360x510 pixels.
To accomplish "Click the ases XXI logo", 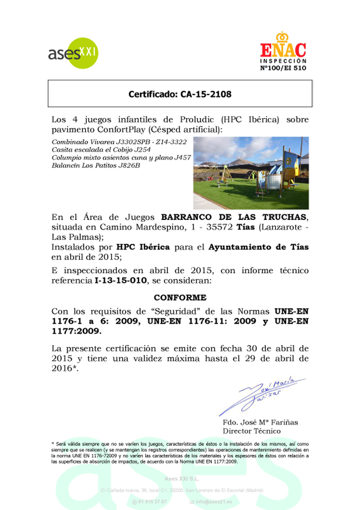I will click(x=73, y=53).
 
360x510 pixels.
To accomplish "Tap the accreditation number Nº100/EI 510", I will click(x=283, y=68).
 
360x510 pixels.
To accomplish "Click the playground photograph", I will click(x=251, y=173).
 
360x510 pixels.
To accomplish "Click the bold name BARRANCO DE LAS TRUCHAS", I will click(x=235, y=217).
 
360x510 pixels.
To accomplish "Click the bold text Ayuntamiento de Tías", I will click(x=258, y=247).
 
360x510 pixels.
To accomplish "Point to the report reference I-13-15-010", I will click(x=121, y=281).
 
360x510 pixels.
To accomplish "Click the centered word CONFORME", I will click(x=180, y=298).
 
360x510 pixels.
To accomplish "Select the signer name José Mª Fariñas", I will click(x=268, y=423).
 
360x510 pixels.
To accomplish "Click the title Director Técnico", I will click(x=252, y=431).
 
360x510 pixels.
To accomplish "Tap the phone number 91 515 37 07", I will click(x=152, y=502).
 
